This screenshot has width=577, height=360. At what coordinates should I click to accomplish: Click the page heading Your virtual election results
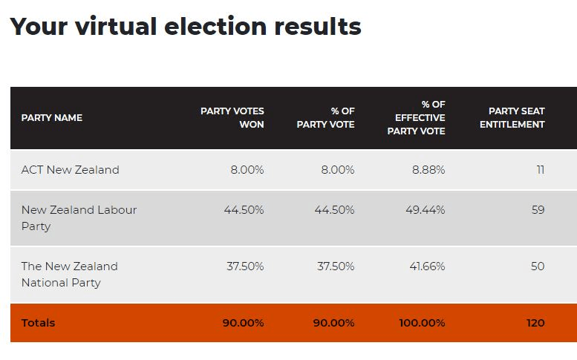[185, 27]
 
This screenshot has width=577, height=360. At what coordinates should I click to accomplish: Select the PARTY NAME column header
[51, 118]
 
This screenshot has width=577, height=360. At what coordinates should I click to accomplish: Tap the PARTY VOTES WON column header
[232, 118]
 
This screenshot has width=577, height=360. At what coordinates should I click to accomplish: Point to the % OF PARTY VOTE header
[325, 118]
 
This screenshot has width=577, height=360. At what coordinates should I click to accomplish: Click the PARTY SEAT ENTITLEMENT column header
[512, 118]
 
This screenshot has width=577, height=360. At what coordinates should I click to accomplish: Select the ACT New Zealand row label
[70, 170]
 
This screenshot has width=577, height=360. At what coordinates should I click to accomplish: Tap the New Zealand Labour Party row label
[79, 218]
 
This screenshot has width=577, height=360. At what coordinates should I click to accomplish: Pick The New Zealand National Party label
[69, 275]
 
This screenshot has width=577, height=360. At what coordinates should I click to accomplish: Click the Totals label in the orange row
[38, 323]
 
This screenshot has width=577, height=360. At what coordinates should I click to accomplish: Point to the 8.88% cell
[428, 170]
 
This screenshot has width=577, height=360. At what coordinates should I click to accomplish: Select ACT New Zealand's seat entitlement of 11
[540, 170]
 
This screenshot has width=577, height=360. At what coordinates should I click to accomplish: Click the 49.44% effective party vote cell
[426, 210]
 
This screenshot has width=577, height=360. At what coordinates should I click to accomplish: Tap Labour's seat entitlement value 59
[538, 210]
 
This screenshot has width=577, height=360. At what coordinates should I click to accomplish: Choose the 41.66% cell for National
[427, 266]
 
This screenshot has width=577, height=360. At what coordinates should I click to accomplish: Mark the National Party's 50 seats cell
[538, 266]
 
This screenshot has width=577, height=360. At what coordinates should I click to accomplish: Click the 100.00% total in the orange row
[421, 323]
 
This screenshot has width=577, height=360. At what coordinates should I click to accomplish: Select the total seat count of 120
[535, 323]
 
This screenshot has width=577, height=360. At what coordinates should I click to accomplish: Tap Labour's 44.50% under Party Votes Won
[244, 210]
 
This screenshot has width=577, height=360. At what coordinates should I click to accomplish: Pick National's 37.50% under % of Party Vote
[336, 266]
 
